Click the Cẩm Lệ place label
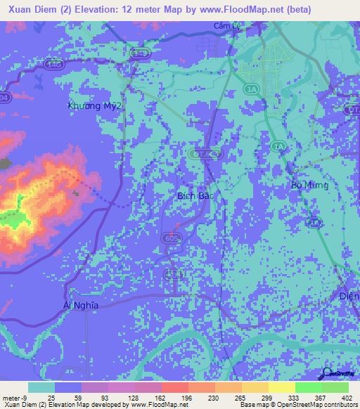click(225, 27)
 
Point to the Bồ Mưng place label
click(310, 185)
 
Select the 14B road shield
click(140, 53)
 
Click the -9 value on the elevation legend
click(24, 397)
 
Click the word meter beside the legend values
click(11, 397)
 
